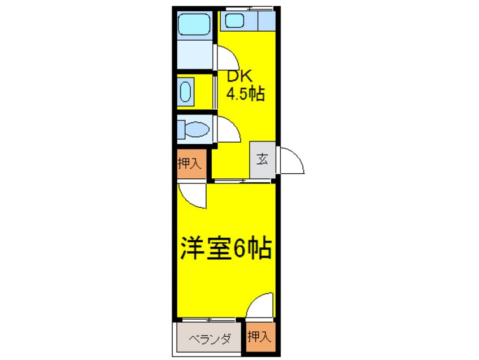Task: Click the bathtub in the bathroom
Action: pos(194,24)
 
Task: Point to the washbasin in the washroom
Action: pos(186,92)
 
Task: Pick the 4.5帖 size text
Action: pos(246,94)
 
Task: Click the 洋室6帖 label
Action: pos(225,248)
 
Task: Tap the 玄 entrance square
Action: pos(262,159)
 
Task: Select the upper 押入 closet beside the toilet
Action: pos(190,164)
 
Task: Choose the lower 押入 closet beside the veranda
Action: pos(259,337)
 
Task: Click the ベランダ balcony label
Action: pos(209,339)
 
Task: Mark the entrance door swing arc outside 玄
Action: pos(291,161)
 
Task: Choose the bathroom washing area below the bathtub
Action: pos(194,53)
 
